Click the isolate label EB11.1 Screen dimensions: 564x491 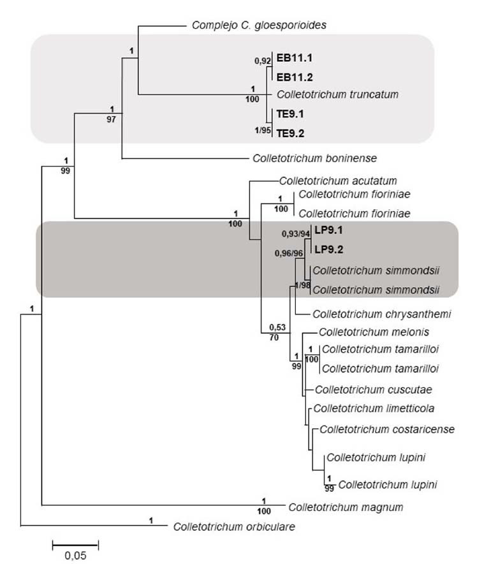coord(295,58)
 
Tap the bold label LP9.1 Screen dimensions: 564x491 coord(330,232)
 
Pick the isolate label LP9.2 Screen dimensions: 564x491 coord(330,249)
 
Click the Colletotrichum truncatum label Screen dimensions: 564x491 coord(337,94)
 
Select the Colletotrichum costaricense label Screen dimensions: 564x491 coord(387,429)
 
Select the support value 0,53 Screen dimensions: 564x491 coord(275,327)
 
